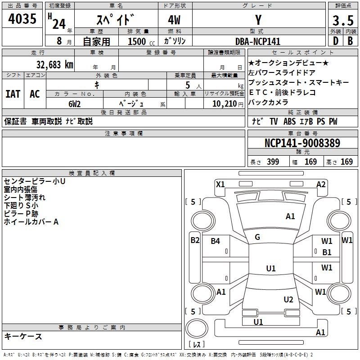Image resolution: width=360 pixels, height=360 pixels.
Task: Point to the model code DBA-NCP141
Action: pos(258,41)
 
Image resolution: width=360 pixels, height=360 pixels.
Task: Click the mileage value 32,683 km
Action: pos(54,64)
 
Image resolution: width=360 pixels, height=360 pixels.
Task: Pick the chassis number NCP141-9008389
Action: pos(302,144)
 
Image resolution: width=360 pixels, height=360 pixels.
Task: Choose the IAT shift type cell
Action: pos(13,94)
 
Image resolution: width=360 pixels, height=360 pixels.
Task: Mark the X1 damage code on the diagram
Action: pos(220,184)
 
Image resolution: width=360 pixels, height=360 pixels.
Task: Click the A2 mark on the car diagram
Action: pos(321,184)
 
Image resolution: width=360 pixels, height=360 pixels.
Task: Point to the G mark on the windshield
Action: pos(257,237)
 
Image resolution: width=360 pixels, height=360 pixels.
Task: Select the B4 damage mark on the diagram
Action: pos(216,241)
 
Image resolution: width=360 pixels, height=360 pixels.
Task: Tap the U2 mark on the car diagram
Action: pos(288,299)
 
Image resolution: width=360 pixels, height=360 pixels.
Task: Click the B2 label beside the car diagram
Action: pos(194,240)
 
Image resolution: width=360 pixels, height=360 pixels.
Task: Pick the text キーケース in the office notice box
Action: pos(23,336)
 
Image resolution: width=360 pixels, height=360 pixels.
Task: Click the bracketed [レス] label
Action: pos(196,345)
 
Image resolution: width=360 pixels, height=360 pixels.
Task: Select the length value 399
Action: pos(272,162)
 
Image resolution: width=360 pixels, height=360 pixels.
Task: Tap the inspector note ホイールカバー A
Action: pos(31,221)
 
